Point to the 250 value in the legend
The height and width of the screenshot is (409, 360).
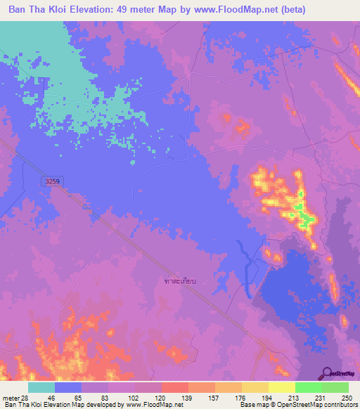click(347, 398)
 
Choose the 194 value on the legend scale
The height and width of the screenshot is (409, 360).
click(254, 398)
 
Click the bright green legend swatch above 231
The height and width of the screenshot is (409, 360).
click(308, 387)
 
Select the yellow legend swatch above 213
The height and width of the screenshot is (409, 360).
click(281, 387)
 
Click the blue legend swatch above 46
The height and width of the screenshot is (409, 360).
click(68, 387)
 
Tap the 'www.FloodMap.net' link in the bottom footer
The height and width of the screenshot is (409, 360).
click(148, 405)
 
